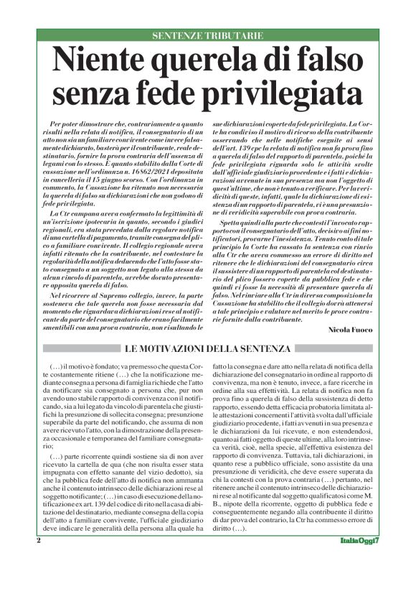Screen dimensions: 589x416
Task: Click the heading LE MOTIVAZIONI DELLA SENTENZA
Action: tap(207, 349)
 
